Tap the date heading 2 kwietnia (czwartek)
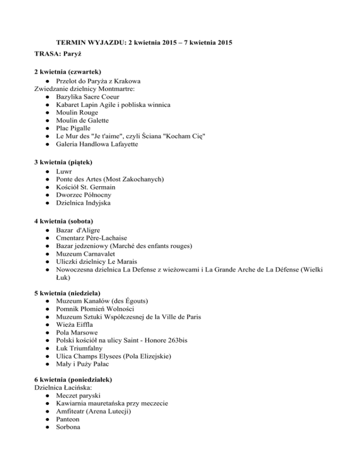click(68, 72)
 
